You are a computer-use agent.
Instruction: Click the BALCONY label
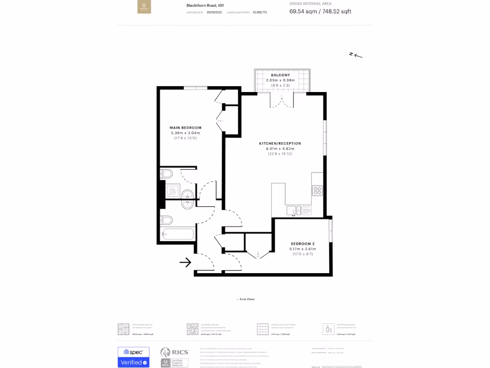pos(280,75)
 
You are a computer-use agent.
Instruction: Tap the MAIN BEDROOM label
pos(186,127)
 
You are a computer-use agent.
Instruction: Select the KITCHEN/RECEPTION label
pos(280,143)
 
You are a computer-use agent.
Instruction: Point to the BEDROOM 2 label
pos(302,244)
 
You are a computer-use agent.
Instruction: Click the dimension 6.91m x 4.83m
pos(280,149)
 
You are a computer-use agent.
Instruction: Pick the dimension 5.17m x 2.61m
pos(302,249)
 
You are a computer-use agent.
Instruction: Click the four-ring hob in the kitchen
pos(317,191)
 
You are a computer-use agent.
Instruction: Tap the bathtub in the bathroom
pos(178,235)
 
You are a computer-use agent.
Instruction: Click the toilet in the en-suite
pos(167,173)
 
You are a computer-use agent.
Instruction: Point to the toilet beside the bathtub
pos(167,220)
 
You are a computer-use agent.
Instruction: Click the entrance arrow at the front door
pos(185,262)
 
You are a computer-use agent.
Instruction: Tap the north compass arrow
pos(356,55)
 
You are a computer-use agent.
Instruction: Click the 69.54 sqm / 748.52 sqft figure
pos(320,11)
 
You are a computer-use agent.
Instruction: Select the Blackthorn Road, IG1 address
pos(205,6)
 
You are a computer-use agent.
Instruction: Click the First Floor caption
pos(246,299)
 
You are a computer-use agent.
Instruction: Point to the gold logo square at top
pos(144,7)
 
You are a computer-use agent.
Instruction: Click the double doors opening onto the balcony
pos(280,101)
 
